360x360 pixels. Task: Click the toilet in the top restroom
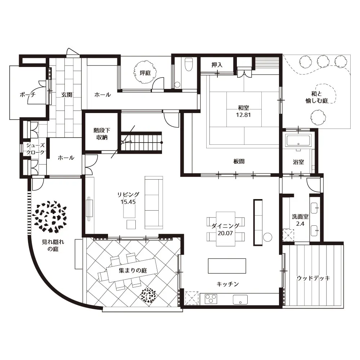[x=189, y=64]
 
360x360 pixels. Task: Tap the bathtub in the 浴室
[x=298, y=140]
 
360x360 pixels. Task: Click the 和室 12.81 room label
[x=243, y=111]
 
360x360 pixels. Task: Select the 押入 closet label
[x=217, y=65]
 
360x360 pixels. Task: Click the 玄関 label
[x=67, y=95]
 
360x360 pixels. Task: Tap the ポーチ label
[x=28, y=95]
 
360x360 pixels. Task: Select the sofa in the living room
[x=154, y=202]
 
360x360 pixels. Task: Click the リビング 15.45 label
[x=128, y=198]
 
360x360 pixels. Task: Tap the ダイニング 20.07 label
[x=225, y=229]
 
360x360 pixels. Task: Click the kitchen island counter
[x=227, y=266]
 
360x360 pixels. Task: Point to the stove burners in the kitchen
[x=211, y=299]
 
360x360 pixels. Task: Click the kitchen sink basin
[x=240, y=300]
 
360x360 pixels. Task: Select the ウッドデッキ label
[x=313, y=278]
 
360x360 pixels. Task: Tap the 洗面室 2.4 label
[x=300, y=220]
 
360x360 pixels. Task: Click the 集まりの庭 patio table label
[x=133, y=270]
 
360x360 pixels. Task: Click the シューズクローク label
[x=35, y=149]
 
